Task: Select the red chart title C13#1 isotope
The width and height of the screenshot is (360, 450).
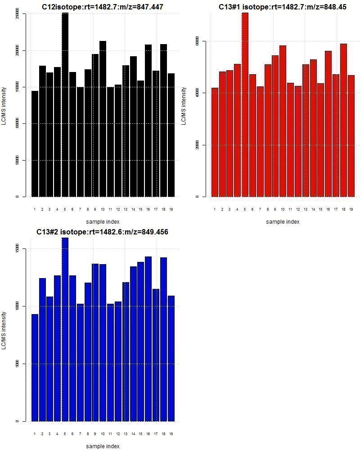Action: [283, 7]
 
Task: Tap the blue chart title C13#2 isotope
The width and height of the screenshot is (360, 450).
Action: [103, 232]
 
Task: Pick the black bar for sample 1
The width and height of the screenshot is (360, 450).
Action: [35, 144]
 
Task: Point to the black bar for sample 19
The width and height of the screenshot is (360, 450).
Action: [171, 135]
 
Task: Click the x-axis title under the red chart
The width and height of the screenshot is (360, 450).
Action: [283, 222]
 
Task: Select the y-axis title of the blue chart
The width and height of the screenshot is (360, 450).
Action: [4, 331]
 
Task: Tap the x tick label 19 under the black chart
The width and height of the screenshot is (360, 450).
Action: [171, 209]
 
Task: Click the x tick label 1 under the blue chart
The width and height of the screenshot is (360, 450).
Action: [35, 434]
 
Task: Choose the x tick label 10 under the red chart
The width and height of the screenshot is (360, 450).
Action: [283, 209]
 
